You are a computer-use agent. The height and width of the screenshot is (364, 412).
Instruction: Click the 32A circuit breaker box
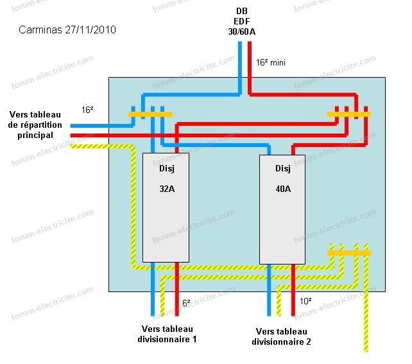click(x=166, y=207)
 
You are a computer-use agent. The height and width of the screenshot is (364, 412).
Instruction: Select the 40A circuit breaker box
click(x=282, y=209)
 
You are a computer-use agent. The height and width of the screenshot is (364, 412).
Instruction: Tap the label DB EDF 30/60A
click(x=242, y=21)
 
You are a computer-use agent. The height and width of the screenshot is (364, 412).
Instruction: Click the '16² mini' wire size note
click(x=271, y=62)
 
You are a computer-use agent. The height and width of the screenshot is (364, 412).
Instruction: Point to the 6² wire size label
click(x=186, y=303)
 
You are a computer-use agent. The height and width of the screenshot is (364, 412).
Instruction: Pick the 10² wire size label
click(x=305, y=301)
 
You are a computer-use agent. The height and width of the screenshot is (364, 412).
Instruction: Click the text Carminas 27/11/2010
click(x=67, y=30)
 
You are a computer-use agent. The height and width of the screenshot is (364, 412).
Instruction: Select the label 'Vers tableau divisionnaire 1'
click(x=167, y=334)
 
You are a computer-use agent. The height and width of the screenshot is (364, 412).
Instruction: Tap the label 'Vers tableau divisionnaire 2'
click(x=282, y=336)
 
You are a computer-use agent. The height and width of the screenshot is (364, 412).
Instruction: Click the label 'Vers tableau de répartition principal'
click(x=35, y=125)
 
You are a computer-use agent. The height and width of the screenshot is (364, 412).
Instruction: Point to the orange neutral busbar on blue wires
click(x=150, y=114)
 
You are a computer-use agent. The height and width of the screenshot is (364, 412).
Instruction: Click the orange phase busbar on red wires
click(x=349, y=114)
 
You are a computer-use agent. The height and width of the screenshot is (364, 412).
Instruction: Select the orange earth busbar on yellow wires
click(x=349, y=253)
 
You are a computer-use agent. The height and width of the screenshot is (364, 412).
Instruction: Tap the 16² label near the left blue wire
click(x=87, y=110)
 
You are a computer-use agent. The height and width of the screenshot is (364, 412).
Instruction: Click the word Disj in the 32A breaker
click(x=167, y=168)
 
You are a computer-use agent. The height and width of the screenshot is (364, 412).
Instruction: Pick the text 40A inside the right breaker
click(x=283, y=189)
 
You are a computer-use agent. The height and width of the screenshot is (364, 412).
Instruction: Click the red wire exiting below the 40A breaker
click(x=293, y=290)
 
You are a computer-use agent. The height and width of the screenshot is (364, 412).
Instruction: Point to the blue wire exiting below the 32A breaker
click(x=153, y=289)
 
